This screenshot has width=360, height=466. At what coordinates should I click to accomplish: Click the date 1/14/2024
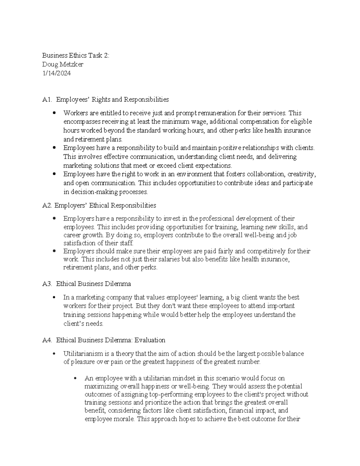(56, 73)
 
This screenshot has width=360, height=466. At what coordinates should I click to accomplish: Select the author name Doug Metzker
(63, 64)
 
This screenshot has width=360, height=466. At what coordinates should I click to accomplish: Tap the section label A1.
(47, 99)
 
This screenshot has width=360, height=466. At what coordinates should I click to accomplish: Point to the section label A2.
(47, 206)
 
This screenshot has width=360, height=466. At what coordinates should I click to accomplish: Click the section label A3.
(47, 284)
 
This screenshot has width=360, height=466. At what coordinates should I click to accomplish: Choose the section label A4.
(47, 340)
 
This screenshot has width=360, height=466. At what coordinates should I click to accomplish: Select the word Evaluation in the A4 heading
(150, 340)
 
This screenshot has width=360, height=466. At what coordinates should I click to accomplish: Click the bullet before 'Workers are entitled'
(54, 113)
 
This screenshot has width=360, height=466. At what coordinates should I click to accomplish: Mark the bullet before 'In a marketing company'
(54, 297)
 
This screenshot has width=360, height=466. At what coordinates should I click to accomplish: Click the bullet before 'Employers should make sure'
(54, 251)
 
